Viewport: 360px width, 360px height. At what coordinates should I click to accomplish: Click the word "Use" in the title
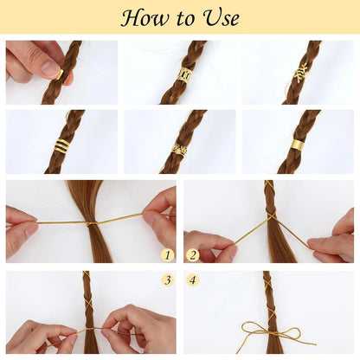(217, 17)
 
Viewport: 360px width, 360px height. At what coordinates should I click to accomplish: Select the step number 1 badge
(168, 255)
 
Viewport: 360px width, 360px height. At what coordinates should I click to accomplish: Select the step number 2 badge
(192, 255)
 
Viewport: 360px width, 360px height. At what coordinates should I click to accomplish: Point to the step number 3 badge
(168, 280)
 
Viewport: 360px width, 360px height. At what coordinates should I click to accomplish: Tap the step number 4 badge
(192, 280)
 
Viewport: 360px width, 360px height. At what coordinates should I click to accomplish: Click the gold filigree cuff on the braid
(184, 74)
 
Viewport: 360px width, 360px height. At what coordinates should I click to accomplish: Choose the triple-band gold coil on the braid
(61, 146)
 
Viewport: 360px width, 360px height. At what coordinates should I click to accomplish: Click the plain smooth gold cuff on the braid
(297, 145)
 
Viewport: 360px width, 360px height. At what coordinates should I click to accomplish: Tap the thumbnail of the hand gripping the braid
(61, 73)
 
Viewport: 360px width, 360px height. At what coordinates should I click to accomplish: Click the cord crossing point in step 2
(271, 215)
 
